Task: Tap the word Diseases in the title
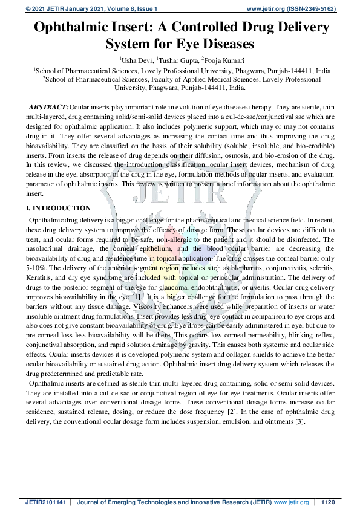220,44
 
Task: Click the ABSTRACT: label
48,106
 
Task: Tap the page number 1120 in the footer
328,502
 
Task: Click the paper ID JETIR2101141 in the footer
44,502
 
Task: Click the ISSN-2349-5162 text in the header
310,8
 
